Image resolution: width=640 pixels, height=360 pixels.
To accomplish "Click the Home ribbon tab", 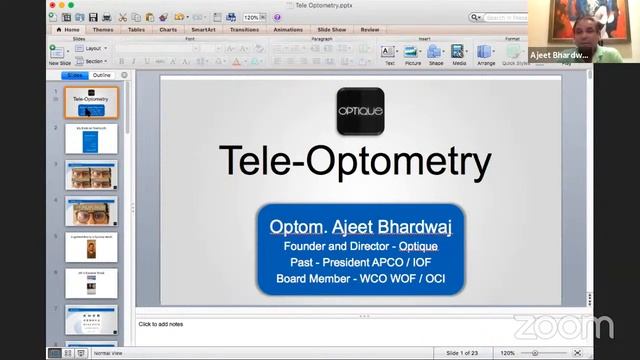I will tap(70, 30).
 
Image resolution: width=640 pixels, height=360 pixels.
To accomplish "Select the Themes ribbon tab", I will tap(103, 30).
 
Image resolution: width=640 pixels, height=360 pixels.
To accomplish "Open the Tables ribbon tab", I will tap(137, 30).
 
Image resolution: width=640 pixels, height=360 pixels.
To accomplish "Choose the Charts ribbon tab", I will tap(169, 30).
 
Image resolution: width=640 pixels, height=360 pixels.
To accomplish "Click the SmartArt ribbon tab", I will tap(203, 30).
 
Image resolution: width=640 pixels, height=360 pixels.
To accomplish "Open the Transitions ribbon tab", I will tap(244, 30).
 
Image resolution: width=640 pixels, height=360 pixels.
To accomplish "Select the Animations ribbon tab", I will tap(288, 30).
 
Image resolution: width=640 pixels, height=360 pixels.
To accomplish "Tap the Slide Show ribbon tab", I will tap(333, 30).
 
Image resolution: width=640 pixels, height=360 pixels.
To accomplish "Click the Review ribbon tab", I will tap(370, 30).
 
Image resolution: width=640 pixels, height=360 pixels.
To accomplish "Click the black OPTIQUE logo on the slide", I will tap(360, 111).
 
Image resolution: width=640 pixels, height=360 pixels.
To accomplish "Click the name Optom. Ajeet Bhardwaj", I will tap(360, 227).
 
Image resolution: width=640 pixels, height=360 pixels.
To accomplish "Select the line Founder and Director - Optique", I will tap(360, 246).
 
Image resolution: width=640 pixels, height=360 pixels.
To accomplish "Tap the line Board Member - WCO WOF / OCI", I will tap(360, 278).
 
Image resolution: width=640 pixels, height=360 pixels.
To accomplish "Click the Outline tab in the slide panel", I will tap(102, 75).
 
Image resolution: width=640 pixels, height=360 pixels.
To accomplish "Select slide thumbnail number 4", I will tap(91, 212).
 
